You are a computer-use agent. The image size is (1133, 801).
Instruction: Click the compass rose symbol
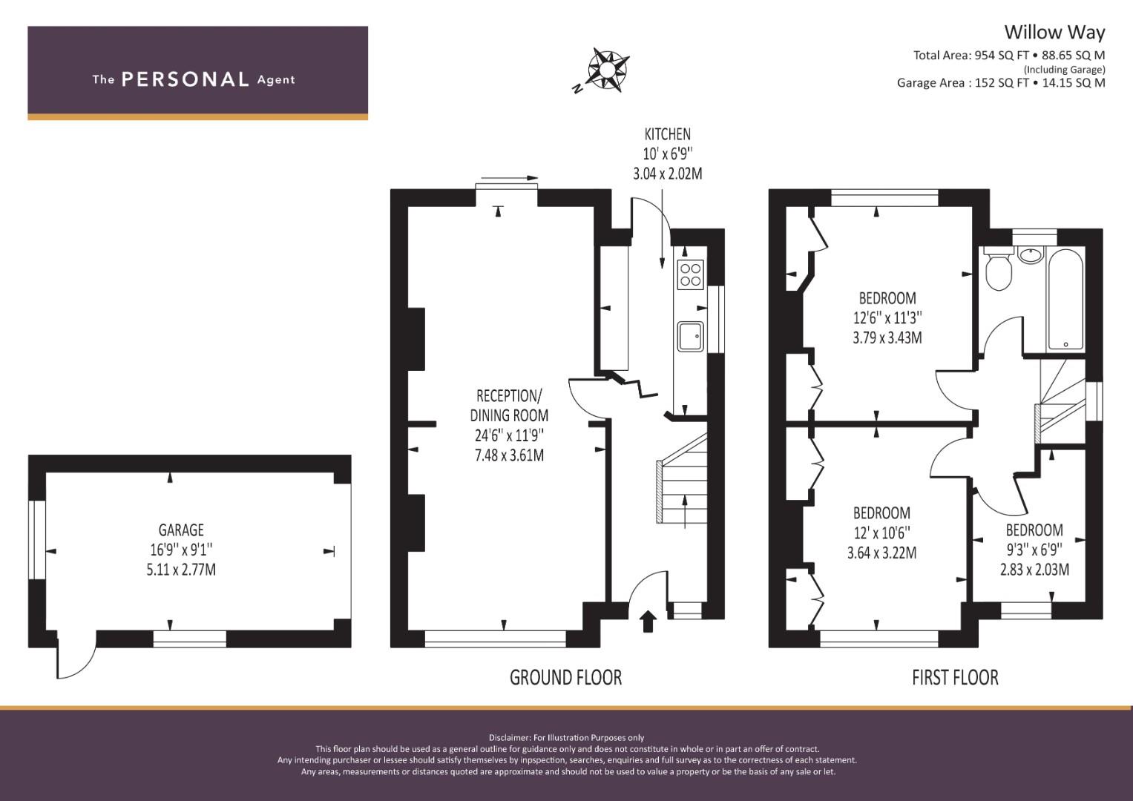(x=608, y=69)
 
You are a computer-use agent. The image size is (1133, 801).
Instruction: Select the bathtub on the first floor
(x=1065, y=300)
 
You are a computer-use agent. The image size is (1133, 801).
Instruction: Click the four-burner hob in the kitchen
(x=691, y=274)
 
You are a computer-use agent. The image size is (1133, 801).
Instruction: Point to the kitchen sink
(x=691, y=336)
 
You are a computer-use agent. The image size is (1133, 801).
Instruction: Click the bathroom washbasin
(x=1030, y=254)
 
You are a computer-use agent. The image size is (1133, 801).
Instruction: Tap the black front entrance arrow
(x=648, y=622)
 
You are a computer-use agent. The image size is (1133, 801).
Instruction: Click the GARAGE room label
(x=181, y=530)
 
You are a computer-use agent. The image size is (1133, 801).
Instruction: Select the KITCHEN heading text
(x=667, y=134)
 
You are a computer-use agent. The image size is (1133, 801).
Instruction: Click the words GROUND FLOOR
(x=565, y=678)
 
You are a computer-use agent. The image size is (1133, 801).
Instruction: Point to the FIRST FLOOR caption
(x=955, y=678)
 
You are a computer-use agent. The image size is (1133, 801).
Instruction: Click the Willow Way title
(x=1054, y=33)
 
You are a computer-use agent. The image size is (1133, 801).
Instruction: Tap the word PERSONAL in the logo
(x=185, y=79)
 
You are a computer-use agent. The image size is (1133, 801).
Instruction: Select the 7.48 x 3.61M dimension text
(x=509, y=455)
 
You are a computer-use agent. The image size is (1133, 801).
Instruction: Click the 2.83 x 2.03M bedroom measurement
(x=1034, y=570)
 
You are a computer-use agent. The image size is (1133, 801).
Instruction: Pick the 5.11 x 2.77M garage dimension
(x=181, y=570)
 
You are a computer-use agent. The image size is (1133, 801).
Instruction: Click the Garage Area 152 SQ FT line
(x=1001, y=83)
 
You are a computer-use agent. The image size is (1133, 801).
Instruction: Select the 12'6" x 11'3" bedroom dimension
(x=887, y=317)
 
